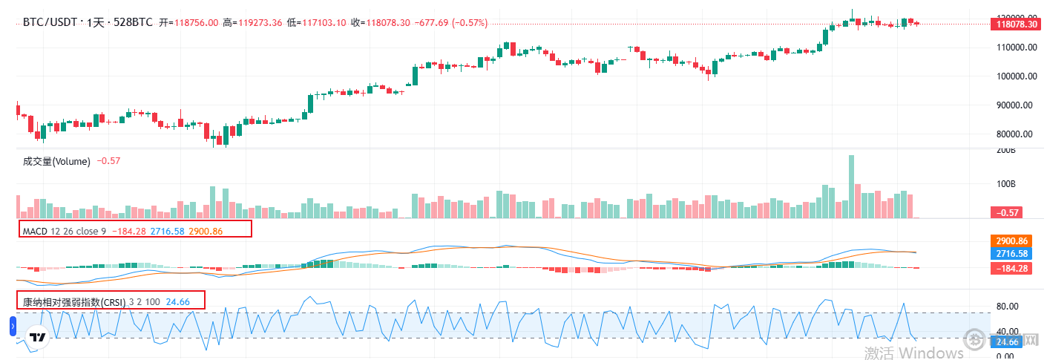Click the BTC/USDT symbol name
[x=49, y=23]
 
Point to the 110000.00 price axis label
[x=1015, y=47]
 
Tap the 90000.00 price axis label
[x=1015, y=105]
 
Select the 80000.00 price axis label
[x=1015, y=134]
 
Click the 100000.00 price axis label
[x=1015, y=76]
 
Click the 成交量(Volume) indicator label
[x=56, y=161]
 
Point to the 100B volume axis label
[x=1005, y=183]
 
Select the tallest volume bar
[x=851, y=186]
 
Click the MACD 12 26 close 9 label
[x=65, y=232]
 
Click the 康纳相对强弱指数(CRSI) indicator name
[x=73, y=302]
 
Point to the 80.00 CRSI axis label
[x=1007, y=307]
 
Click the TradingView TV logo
[x=37, y=338]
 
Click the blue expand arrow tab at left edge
[x=13, y=326]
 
